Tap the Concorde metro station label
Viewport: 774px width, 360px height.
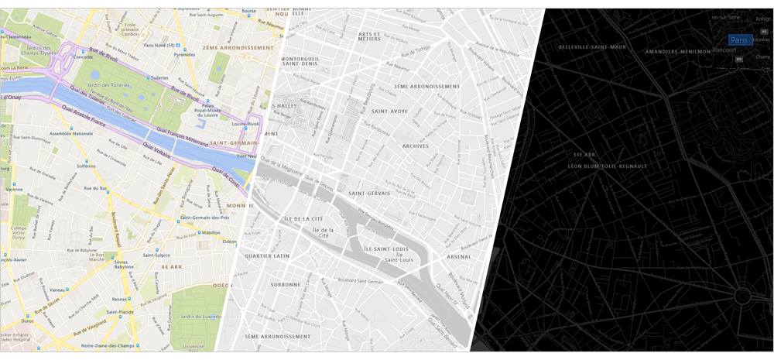click(x=83, y=57)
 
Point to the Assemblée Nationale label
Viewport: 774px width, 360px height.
click(x=71, y=133)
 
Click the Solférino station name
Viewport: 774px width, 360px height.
click(x=86, y=166)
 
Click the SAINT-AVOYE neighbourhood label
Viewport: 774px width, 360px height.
click(x=389, y=111)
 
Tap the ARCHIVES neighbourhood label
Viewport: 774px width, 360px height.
click(x=415, y=146)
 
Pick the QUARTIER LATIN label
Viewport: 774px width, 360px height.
click(x=267, y=255)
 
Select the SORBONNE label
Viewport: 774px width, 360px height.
click(x=285, y=284)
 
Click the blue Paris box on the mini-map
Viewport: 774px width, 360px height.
click(x=739, y=39)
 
